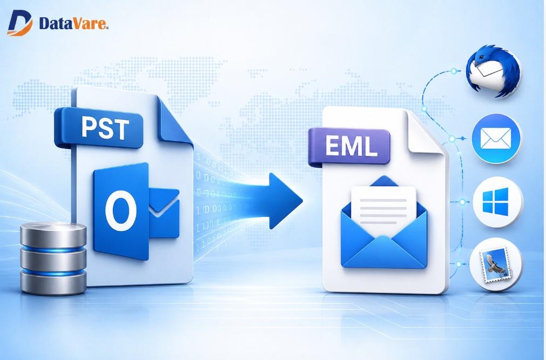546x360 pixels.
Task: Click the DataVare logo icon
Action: point(19,23)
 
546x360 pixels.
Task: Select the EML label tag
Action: point(349,146)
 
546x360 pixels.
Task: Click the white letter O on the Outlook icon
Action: point(121,210)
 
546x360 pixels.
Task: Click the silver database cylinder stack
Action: point(53,258)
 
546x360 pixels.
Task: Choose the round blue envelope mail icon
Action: point(496,139)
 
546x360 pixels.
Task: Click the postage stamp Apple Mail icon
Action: point(496,264)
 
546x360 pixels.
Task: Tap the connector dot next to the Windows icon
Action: point(462,202)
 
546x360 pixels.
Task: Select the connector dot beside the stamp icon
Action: point(459,264)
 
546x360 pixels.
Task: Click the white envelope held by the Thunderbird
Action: point(488,69)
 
